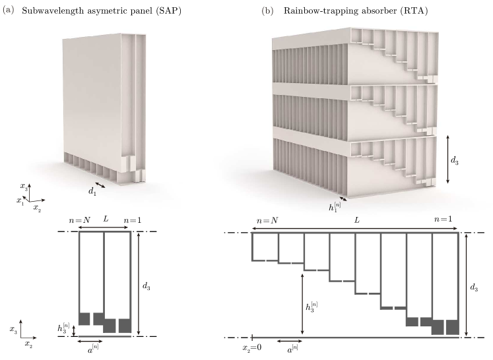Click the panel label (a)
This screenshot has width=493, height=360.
coord(9,11)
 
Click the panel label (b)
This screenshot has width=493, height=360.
coord(267,11)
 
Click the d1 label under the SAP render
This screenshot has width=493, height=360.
coord(92,191)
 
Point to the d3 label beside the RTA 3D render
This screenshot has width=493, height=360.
coord(455,160)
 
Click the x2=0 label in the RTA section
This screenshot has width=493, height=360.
coord(252,347)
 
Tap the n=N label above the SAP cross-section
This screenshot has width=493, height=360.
coord(80,220)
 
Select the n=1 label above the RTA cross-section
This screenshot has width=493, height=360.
coord(443,219)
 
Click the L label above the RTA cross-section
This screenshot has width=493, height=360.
coord(356,220)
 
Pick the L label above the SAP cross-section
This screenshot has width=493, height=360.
coord(106,219)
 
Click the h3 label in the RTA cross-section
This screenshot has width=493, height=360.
coord(312,307)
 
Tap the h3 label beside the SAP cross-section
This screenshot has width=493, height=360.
coord(63,328)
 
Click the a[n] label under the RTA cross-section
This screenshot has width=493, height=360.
coord(293,348)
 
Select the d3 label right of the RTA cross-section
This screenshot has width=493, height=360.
coord(474,287)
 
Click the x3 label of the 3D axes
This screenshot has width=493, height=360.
coord(24,186)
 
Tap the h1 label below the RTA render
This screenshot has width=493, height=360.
coord(335,207)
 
